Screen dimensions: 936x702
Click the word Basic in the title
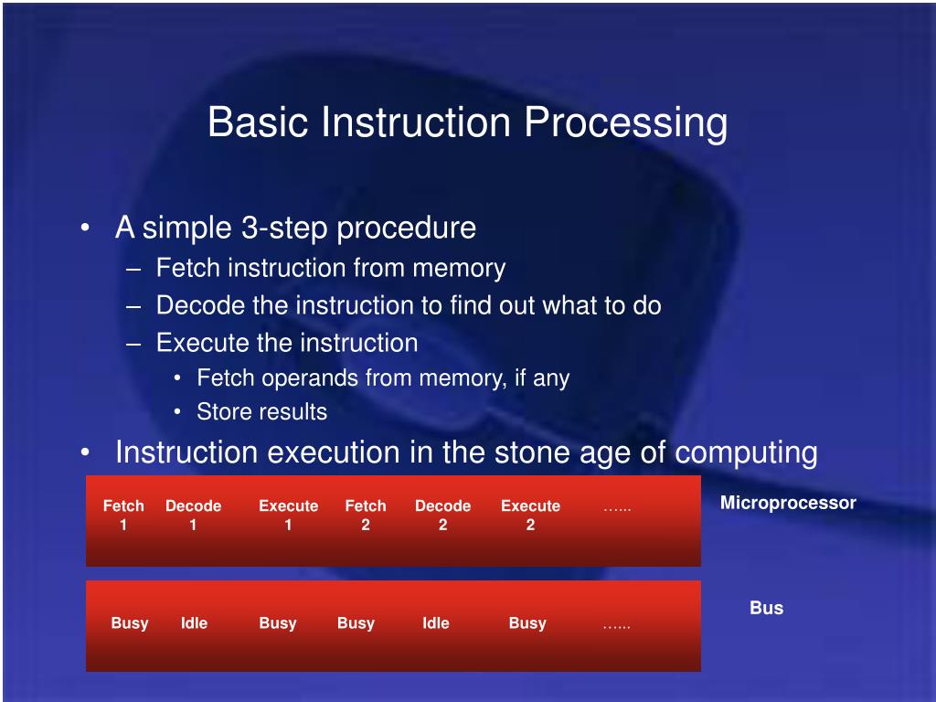tap(258, 122)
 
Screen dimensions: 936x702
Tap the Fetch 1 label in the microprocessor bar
tap(123, 516)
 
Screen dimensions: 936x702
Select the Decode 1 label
tap(194, 516)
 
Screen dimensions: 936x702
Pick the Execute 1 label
tap(288, 516)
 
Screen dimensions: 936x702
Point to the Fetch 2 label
tap(366, 516)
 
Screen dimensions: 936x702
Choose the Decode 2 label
tap(443, 516)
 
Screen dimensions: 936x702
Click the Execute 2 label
tap(531, 516)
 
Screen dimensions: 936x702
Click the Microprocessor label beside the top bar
tap(788, 504)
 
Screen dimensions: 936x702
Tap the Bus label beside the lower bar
tap(767, 608)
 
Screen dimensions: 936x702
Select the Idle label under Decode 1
tap(194, 623)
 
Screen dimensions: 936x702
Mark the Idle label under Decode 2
tap(436, 623)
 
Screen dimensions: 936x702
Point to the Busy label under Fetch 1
tap(130, 623)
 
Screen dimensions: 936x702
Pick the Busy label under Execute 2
tap(527, 623)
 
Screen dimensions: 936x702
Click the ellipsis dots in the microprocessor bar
tap(617, 509)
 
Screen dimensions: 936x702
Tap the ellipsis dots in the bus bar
tap(617, 627)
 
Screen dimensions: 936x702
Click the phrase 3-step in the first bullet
tap(285, 229)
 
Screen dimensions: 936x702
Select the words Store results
tap(262, 412)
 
